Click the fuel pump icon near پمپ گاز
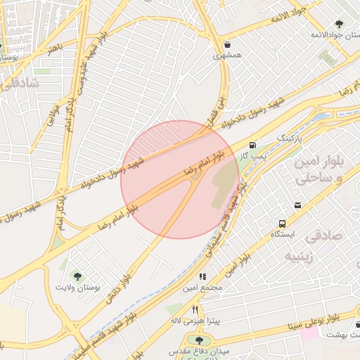coord(252,144)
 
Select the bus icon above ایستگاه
coord(280,219)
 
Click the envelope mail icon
coord(298,205)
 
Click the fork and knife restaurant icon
coord(195,309)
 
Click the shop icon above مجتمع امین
coord(202,276)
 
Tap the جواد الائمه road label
coord(289,15)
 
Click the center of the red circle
coord(180,180)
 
